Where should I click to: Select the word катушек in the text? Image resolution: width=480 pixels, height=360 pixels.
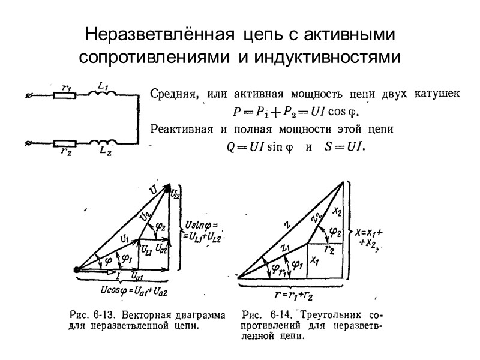pyautogui.click(x=439, y=94)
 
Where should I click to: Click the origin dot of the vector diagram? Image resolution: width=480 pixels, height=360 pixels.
pyautogui.click(x=77, y=270)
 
